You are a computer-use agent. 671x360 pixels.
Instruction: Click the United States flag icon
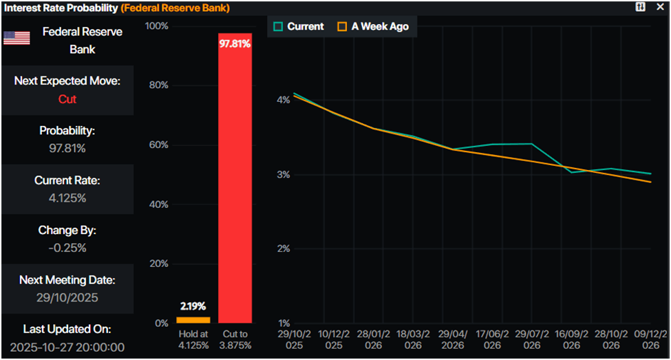click(17, 38)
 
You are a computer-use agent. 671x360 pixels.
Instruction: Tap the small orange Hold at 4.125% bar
click(193, 319)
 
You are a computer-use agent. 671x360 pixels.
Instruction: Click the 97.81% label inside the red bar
click(235, 44)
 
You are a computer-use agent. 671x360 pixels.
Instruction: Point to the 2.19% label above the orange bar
click(193, 306)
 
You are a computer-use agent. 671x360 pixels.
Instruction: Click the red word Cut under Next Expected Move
click(67, 99)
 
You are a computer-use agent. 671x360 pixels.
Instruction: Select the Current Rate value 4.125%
click(67, 198)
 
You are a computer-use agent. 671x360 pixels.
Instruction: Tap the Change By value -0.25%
click(67, 248)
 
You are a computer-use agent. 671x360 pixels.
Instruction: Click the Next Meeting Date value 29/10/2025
click(67, 297)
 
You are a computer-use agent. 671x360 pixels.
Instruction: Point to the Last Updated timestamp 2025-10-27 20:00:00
click(67, 347)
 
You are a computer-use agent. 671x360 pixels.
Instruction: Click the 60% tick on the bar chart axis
click(159, 145)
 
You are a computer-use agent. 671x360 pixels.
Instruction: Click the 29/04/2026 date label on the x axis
click(453, 338)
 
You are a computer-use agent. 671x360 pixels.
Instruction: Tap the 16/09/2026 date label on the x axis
click(571, 338)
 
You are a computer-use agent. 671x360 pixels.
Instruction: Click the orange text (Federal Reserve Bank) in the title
click(175, 8)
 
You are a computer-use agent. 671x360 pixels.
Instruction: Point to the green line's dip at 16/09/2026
click(571, 172)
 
